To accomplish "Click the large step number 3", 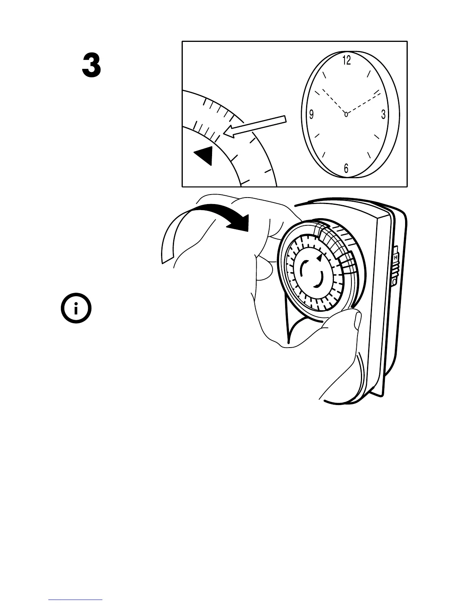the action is point(92,66).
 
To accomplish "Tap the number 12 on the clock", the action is point(346,60).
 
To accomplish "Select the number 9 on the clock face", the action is point(311,114).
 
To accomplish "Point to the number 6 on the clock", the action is point(346,168).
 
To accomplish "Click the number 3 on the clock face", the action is point(383,114).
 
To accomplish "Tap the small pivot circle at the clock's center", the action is point(346,114).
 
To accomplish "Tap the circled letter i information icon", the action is point(76,308).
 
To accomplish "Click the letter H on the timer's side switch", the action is point(396,258).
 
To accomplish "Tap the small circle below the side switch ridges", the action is point(395,282).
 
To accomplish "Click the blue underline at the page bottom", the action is point(75,600).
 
